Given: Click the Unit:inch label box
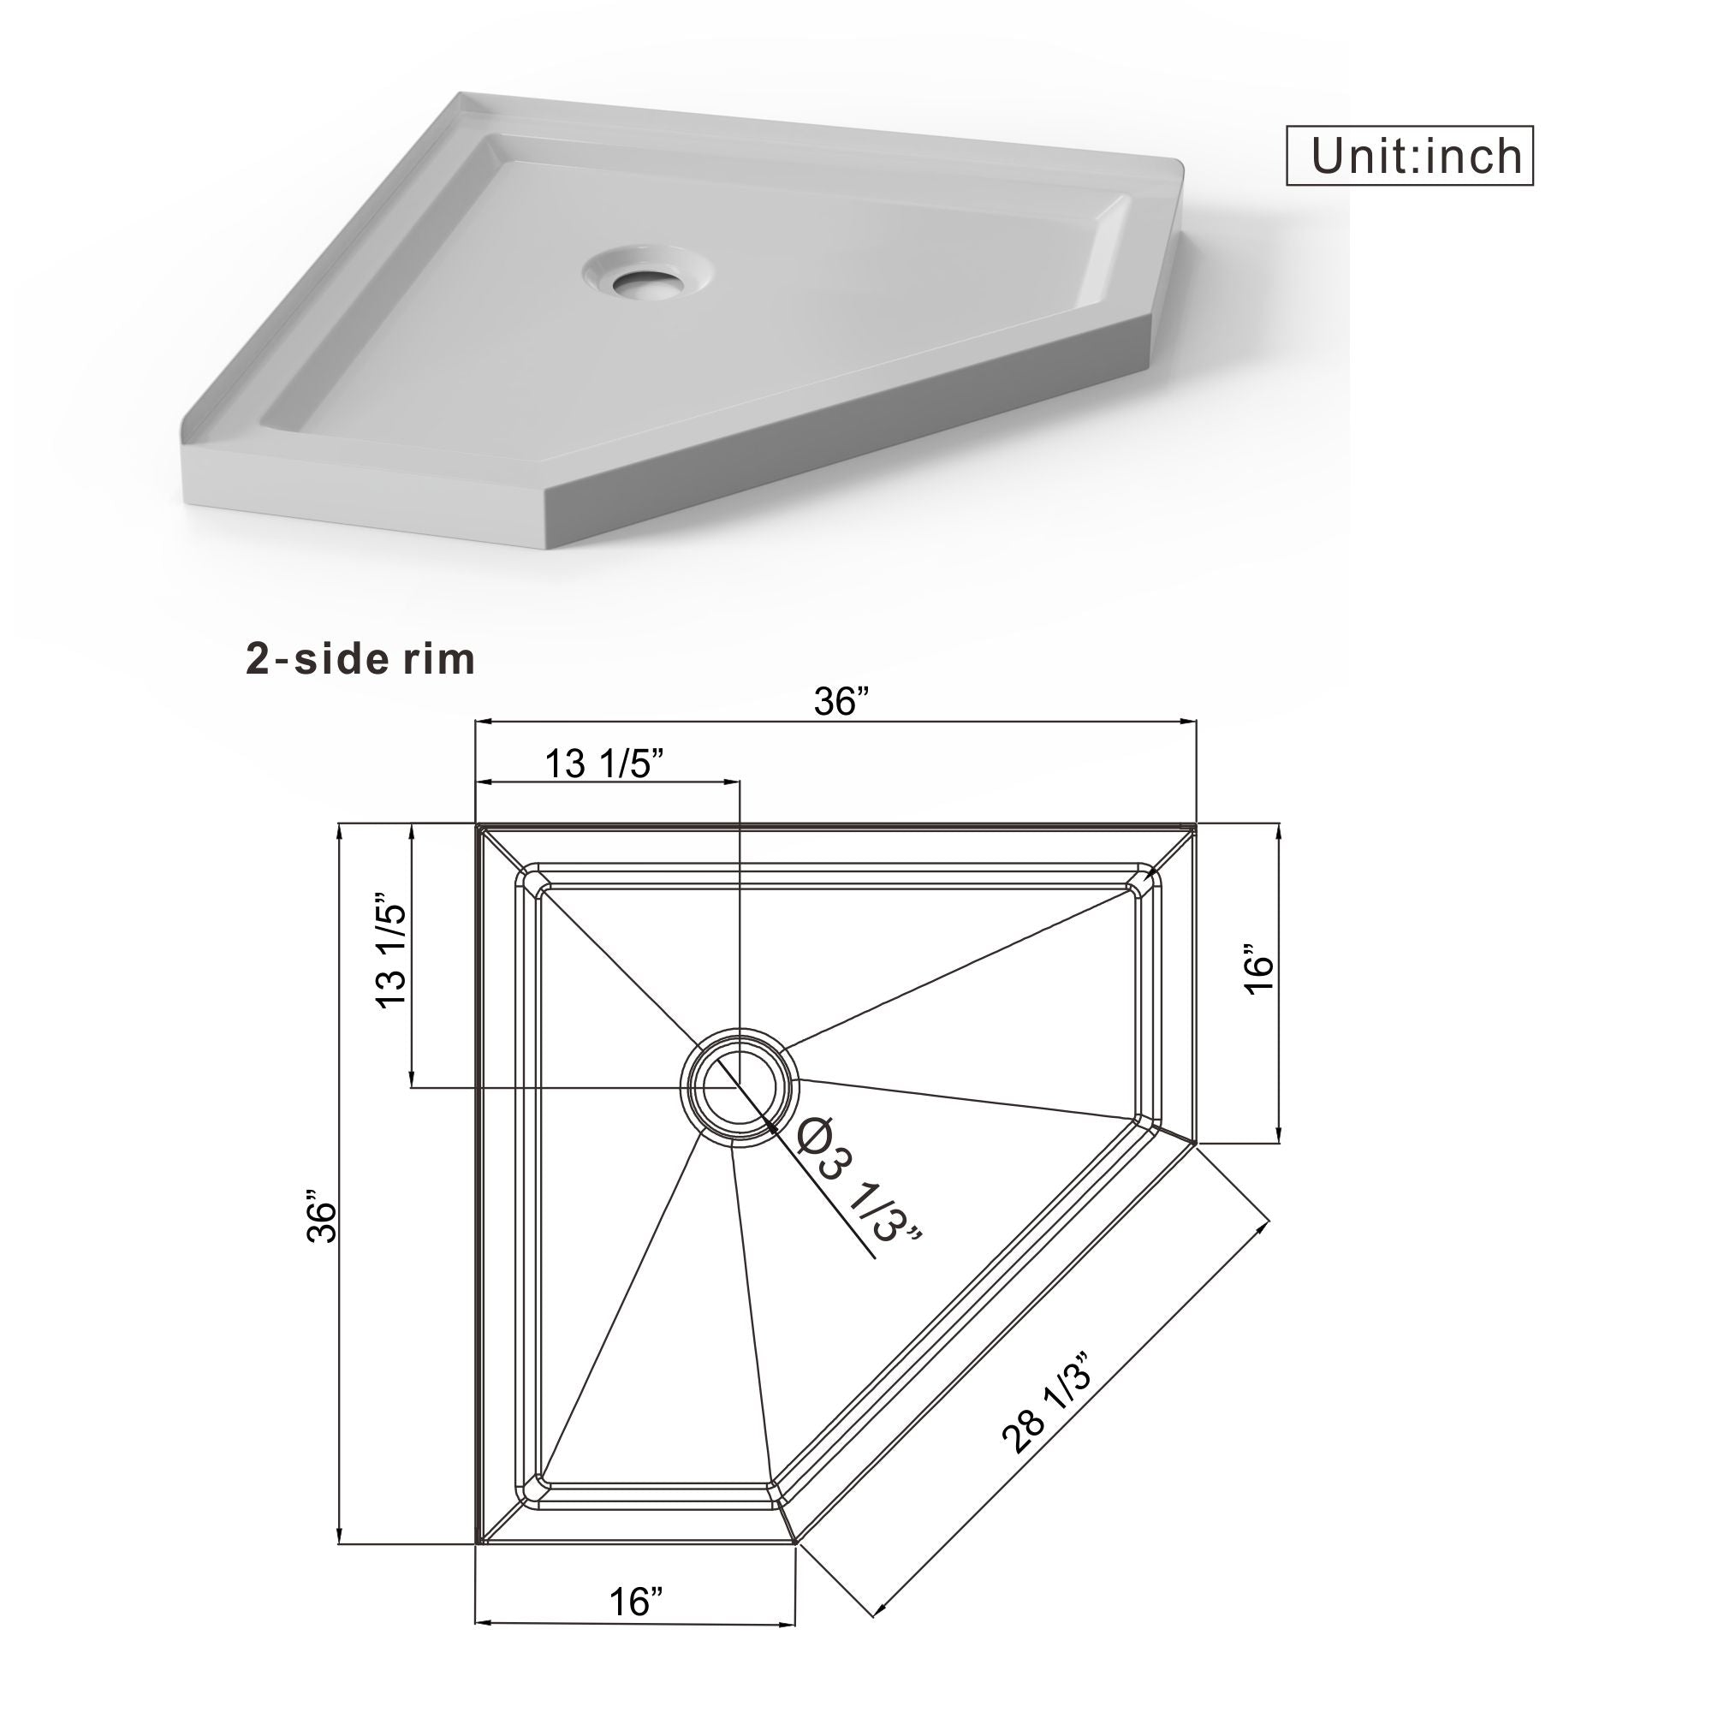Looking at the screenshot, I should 1409,156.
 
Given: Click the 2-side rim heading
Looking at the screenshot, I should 360,659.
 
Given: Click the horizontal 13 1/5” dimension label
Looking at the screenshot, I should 604,763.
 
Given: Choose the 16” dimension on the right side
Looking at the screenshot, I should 1258,975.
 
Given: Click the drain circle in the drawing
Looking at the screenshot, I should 739,1087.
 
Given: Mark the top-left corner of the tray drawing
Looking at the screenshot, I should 478,826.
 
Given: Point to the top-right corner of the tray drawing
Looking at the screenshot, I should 1195,826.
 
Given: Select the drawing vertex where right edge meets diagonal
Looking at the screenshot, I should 1195,1144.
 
